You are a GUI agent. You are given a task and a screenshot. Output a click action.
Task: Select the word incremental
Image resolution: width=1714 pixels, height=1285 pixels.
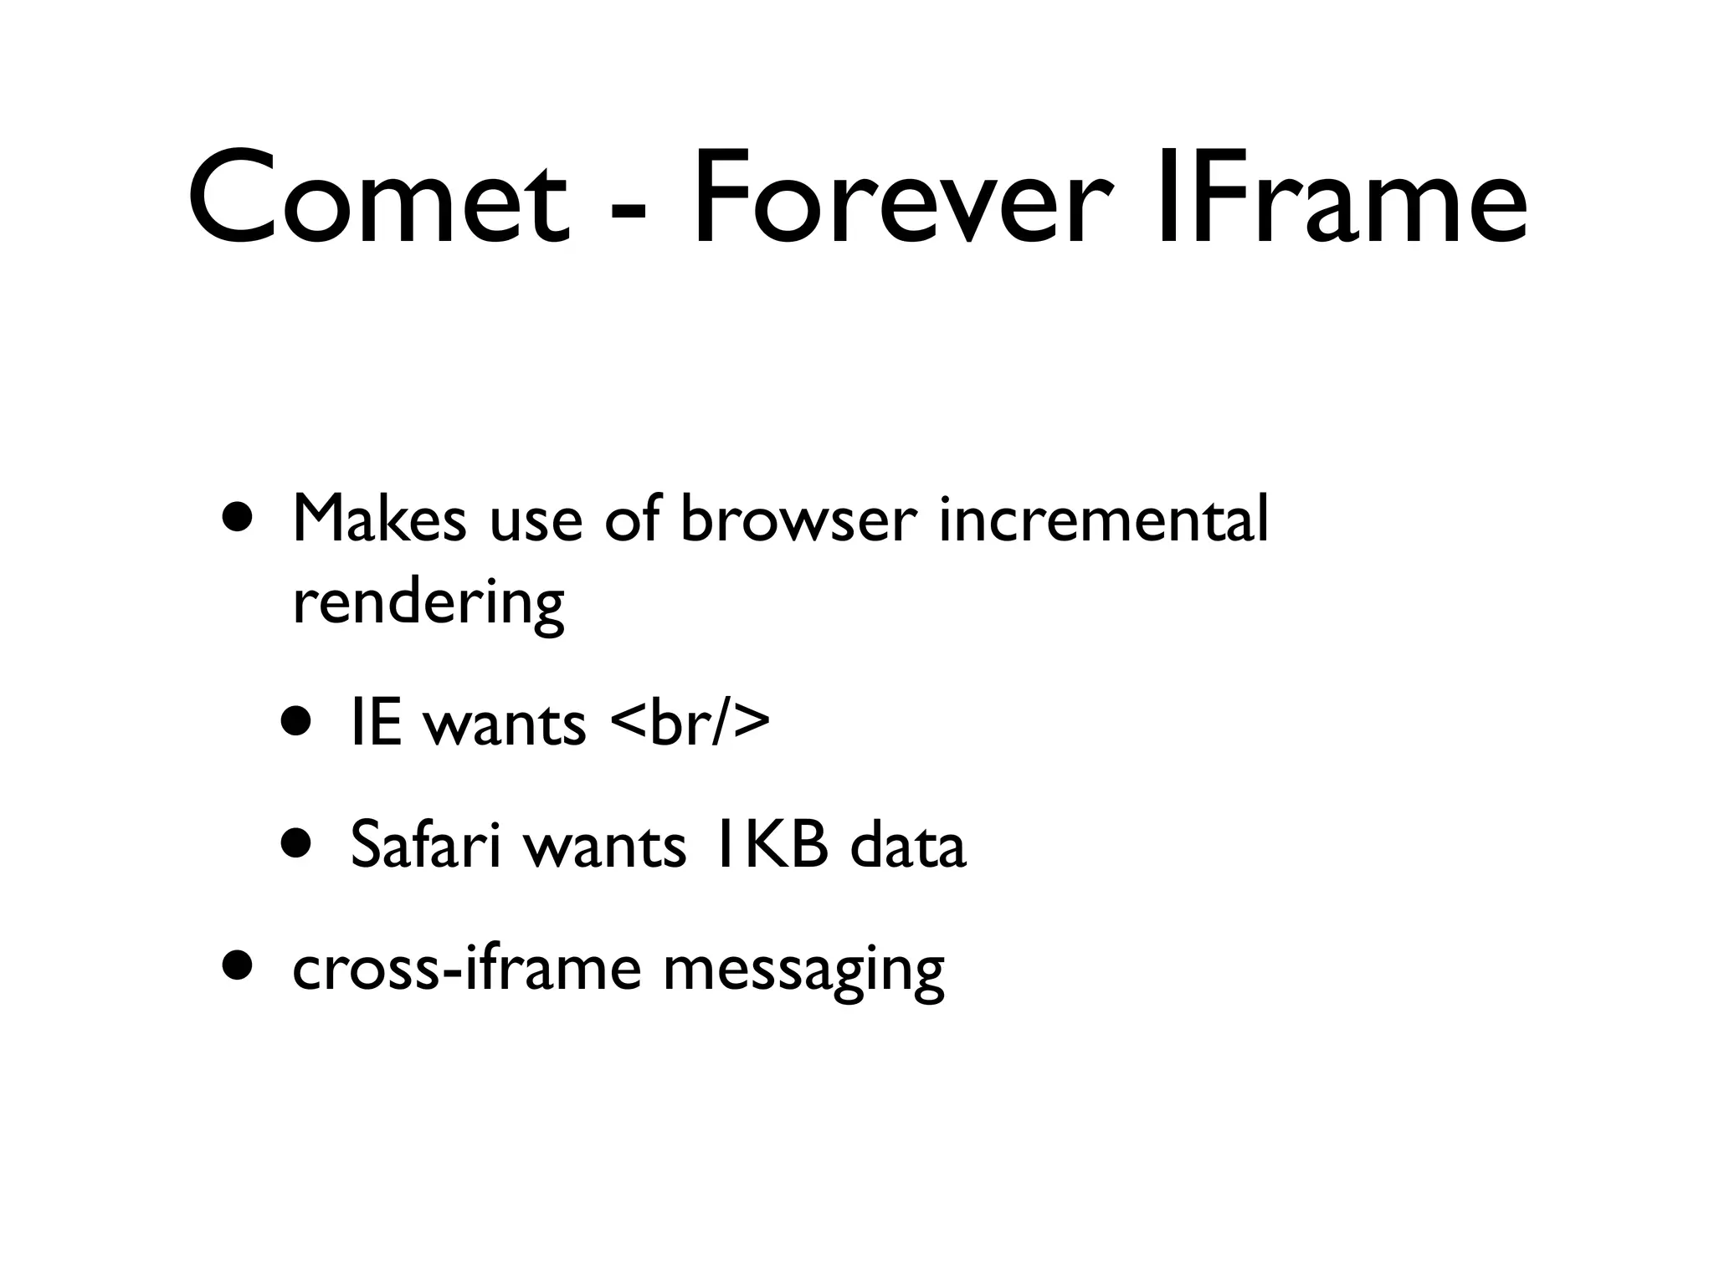click(1103, 520)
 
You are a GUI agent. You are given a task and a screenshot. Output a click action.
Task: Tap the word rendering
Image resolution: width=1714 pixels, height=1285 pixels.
click(428, 604)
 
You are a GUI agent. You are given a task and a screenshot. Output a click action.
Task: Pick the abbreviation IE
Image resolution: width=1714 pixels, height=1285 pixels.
click(376, 724)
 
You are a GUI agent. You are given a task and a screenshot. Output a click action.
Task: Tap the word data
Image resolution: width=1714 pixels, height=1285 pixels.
click(907, 846)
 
